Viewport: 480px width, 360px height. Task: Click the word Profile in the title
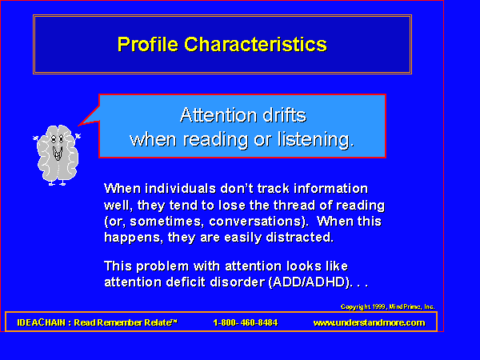click(x=148, y=45)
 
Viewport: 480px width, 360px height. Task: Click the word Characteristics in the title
click(x=256, y=44)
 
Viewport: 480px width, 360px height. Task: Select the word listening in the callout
click(x=315, y=139)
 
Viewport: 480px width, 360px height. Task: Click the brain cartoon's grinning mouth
click(x=58, y=154)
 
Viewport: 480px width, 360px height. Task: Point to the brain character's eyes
click(x=58, y=139)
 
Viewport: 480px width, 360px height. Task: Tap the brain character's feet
click(x=57, y=183)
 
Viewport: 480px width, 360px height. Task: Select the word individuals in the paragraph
click(x=180, y=189)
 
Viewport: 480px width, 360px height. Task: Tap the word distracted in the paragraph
click(x=299, y=238)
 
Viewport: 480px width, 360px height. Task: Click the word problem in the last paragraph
click(x=162, y=266)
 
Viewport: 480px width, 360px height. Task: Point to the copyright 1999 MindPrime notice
click(x=387, y=306)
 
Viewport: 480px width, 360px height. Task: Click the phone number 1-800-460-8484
click(x=246, y=322)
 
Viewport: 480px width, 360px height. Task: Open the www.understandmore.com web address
click(x=369, y=322)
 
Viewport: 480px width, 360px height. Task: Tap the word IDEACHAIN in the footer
click(x=42, y=322)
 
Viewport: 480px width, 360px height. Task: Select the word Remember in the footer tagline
click(x=121, y=322)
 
